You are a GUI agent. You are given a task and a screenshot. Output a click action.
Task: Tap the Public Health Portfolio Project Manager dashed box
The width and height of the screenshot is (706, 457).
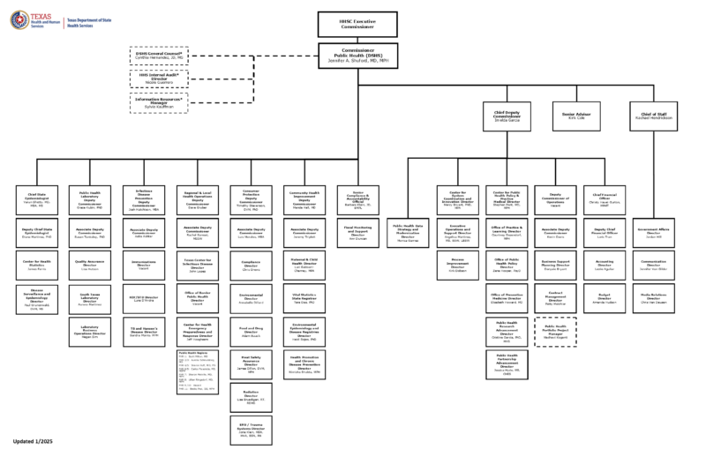pos(556,328)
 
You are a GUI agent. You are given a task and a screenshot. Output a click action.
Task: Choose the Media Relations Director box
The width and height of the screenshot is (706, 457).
pos(654,297)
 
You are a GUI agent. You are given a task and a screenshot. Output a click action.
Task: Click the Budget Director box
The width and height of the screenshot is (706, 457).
pos(605,297)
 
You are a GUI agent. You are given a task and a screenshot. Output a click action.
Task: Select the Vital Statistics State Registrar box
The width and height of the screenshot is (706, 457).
pos(307,297)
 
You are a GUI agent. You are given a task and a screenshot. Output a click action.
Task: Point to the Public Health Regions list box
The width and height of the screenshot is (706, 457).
pos(201,374)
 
